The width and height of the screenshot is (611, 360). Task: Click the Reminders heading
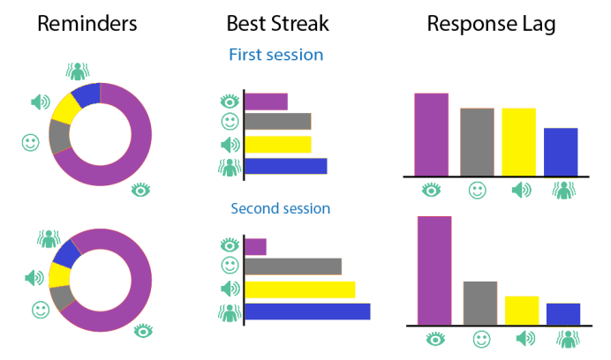coord(87,24)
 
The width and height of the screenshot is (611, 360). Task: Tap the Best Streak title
coord(278,24)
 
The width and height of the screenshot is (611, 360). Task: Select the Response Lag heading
coord(492,25)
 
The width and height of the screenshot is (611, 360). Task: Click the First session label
coord(275,55)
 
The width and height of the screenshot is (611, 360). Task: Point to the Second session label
coord(281,208)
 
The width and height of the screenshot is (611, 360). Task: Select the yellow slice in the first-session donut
coord(65,109)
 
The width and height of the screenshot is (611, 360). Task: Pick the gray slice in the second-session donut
coord(62,297)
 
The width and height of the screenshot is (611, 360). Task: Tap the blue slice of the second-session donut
coord(66,254)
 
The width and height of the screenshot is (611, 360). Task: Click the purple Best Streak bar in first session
coord(266,101)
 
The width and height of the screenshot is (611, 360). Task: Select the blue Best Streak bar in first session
coord(286,166)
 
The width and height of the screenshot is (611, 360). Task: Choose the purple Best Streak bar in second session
coord(256,247)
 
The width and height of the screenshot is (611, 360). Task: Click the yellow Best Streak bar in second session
coord(300,289)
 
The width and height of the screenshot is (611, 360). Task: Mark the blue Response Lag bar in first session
coord(561,152)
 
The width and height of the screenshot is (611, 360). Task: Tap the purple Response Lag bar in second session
coord(434,270)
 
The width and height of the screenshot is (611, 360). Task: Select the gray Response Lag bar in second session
coord(480,304)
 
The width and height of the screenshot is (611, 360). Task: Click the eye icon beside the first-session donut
coord(140,190)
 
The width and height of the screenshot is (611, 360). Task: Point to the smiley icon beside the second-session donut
coord(41,310)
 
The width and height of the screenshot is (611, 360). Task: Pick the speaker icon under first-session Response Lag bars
coord(521,190)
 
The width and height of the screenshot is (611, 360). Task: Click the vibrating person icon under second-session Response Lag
coord(568,339)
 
